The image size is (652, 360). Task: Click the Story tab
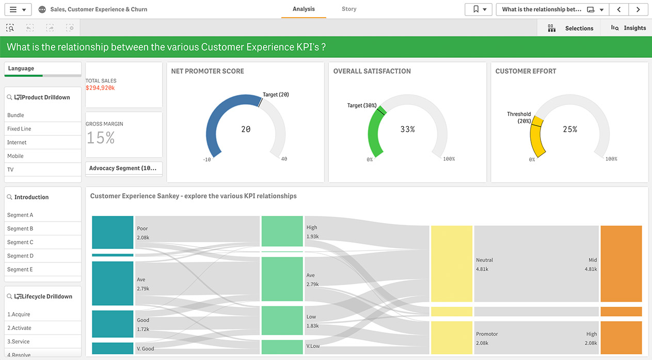[349, 9]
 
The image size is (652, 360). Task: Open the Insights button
[628, 28]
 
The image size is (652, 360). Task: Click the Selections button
[571, 28]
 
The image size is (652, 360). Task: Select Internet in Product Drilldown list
[17, 143]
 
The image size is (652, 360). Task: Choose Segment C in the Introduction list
[20, 242]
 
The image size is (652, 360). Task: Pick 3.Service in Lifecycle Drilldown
[19, 341]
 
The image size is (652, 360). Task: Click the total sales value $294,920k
[100, 88]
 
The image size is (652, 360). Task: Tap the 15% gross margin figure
[100, 137]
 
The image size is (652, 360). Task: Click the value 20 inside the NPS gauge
[246, 129]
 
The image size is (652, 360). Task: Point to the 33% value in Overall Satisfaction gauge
[408, 129]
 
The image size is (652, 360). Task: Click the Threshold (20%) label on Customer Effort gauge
[519, 117]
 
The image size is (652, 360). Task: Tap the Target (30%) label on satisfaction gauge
[362, 105]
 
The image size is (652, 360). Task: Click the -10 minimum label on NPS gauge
[207, 160]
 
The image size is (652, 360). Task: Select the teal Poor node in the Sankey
[113, 232]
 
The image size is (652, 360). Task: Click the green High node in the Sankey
[282, 231]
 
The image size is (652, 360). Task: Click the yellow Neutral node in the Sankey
[452, 263]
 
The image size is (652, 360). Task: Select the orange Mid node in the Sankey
[621, 263]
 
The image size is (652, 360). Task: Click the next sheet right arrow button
[638, 9]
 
